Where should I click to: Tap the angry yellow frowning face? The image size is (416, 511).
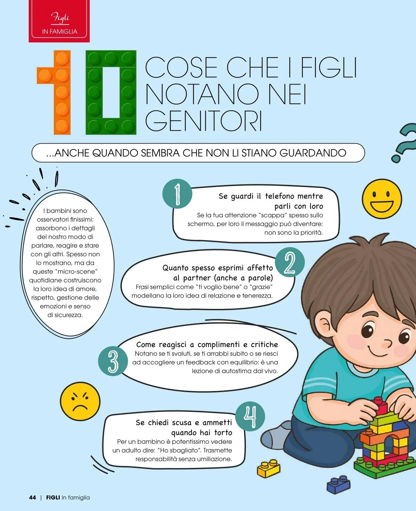point(80,401)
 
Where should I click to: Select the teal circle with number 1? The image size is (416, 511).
point(177,194)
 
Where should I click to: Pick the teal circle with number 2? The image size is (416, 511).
point(290,263)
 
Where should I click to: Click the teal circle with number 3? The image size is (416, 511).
point(113,361)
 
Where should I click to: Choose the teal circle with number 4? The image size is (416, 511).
point(250,416)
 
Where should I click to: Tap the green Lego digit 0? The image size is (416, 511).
point(111,93)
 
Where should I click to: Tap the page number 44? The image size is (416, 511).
point(32,497)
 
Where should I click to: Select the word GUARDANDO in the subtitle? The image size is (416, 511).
point(313,153)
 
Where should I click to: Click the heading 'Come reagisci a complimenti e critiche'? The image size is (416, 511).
point(207,344)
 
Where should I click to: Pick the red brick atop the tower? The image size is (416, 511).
point(380,406)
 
